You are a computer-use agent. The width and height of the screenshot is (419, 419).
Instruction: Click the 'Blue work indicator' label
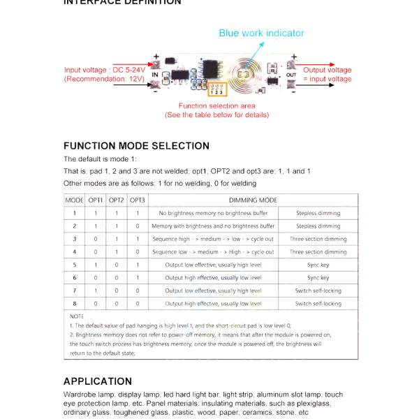pos(261,33)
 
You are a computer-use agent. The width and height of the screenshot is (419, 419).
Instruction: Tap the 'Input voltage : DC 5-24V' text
pos(105,70)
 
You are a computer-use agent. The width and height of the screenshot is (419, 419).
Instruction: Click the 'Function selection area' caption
pos(216,105)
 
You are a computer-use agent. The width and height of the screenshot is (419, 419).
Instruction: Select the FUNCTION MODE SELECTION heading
pos(136,146)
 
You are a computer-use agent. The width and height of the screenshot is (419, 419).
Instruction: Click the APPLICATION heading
pos(97,381)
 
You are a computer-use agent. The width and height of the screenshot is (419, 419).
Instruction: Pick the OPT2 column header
pos(117,200)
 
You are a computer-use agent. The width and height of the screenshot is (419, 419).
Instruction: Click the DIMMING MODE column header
pos(248,200)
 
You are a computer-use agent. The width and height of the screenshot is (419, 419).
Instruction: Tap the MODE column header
pos(75,200)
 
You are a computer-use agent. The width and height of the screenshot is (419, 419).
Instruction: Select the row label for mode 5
pos(75,265)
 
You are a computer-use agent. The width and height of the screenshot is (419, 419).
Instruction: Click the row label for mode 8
pos(75,304)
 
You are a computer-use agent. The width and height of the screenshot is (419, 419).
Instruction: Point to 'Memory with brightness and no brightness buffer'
pos(213,226)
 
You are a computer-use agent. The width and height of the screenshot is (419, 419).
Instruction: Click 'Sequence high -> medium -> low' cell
pos(213,239)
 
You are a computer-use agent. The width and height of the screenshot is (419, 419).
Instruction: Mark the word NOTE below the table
pos(77,316)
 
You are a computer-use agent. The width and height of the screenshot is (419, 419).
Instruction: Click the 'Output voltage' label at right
pos(327,70)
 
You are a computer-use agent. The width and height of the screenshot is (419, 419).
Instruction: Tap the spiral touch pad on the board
pos(245,74)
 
